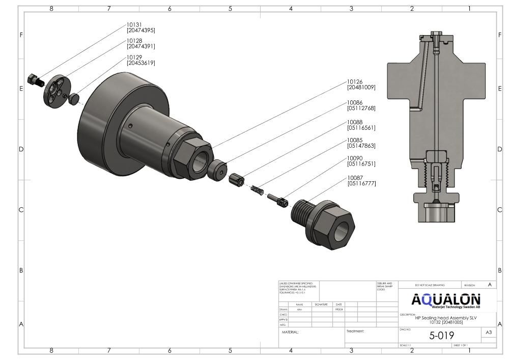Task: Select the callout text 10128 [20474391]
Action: click(140, 43)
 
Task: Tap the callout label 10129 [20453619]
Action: click(140, 60)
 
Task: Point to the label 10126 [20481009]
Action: click(361, 84)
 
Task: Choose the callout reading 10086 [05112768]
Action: click(361, 105)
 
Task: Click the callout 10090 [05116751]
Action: click(361, 161)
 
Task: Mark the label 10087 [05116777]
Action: click(361, 180)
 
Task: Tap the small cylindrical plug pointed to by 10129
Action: click(76, 98)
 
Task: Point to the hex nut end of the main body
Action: click(192, 158)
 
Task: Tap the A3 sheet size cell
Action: click(489, 332)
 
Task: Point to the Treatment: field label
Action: click(355, 331)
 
